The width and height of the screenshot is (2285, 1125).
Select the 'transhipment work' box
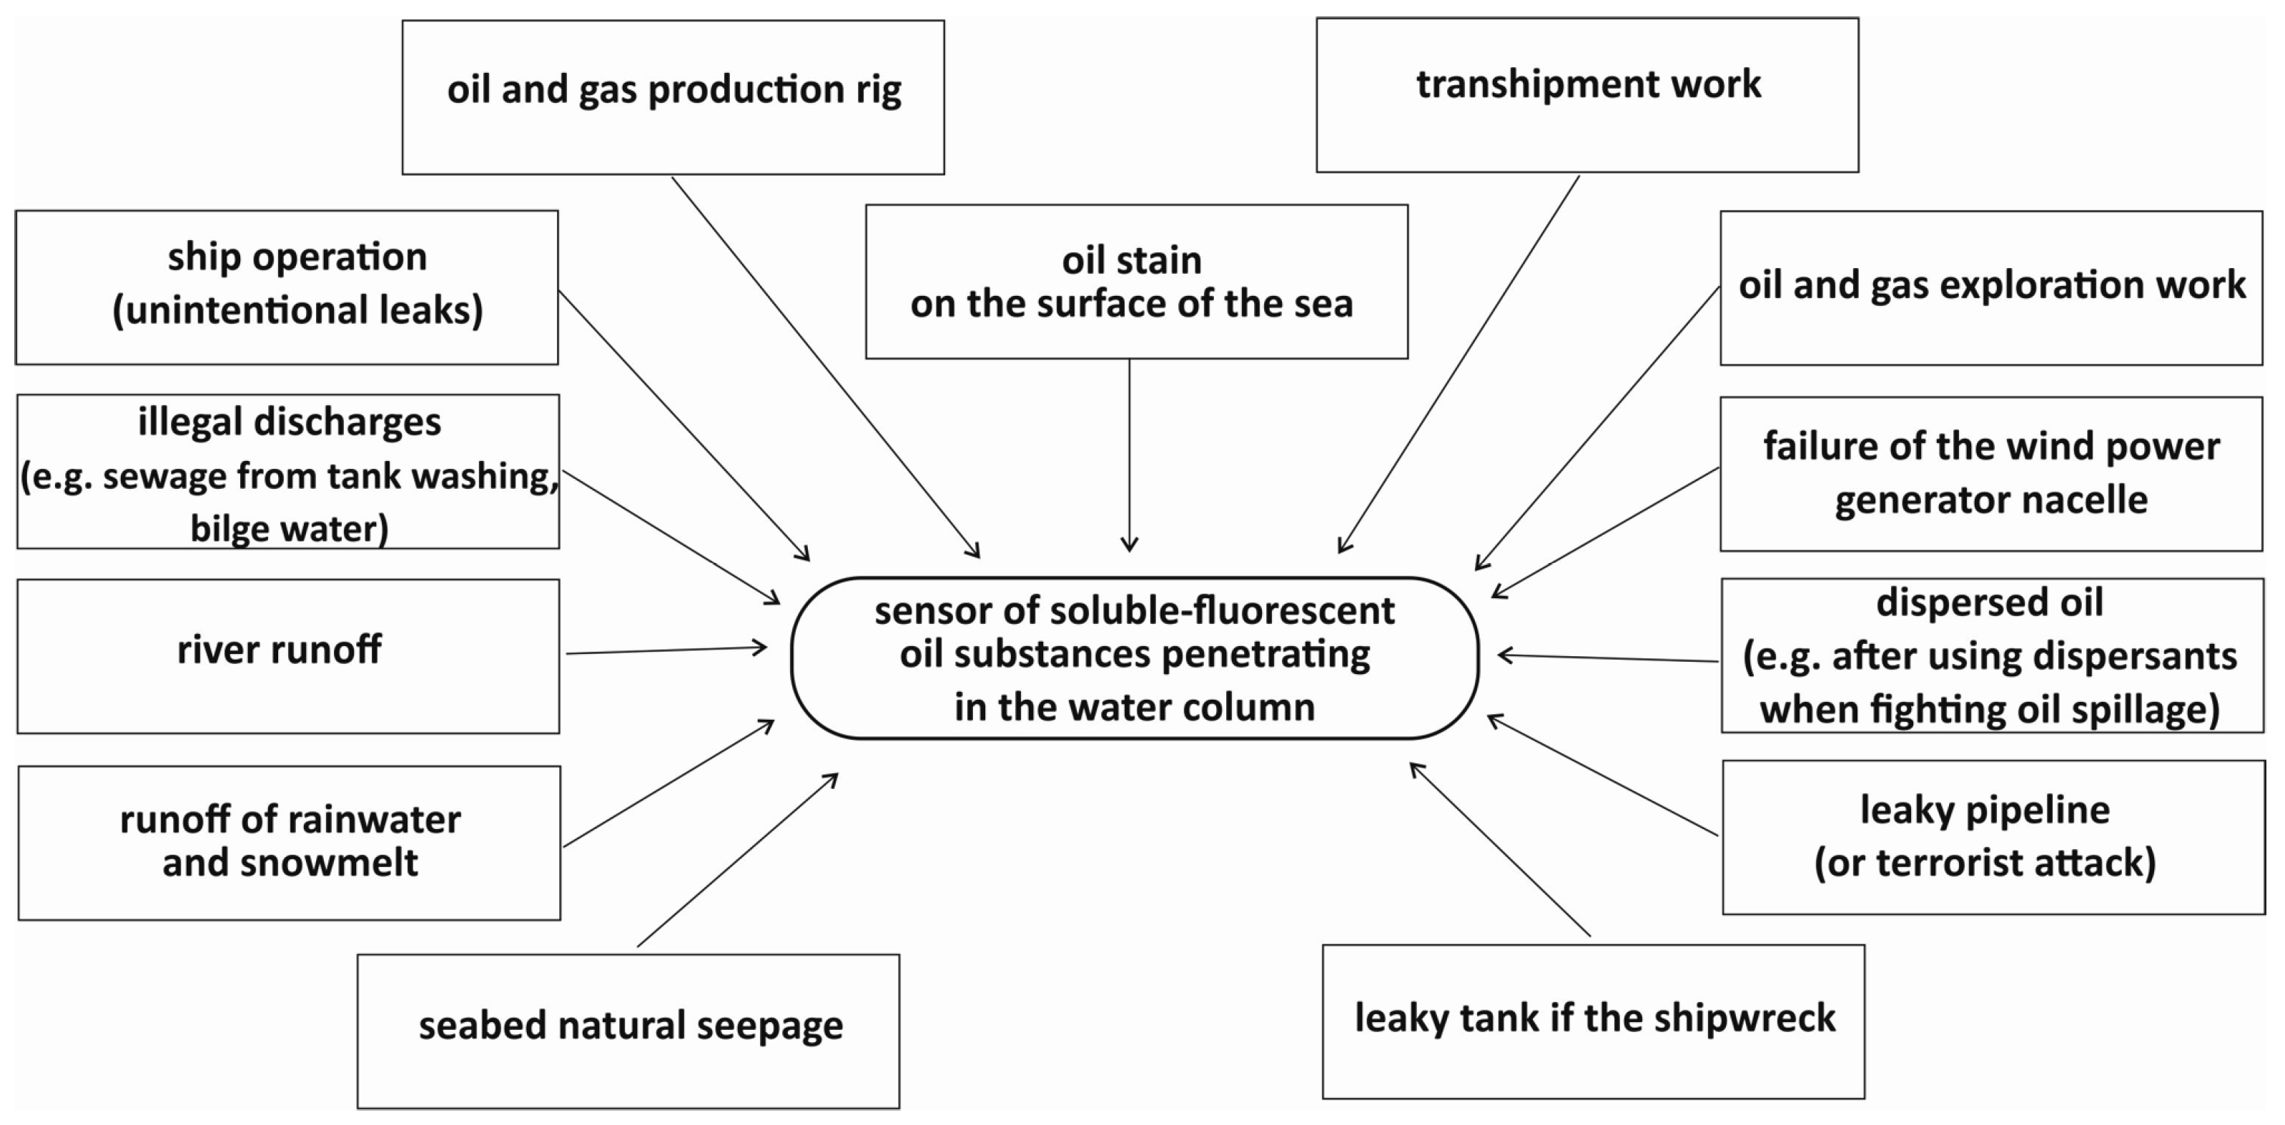[1587, 95]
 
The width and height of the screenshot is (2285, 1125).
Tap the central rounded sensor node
[1134, 658]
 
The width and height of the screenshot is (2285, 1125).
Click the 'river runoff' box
[288, 656]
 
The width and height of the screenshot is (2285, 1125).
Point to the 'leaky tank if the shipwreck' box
[1593, 1021]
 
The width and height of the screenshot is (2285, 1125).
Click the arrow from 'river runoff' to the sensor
[666, 650]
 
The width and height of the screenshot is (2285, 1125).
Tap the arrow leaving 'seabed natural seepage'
[736, 860]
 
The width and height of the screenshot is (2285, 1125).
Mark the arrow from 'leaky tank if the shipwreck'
[1499, 848]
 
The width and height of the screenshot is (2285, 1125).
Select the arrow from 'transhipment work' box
[1459, 364]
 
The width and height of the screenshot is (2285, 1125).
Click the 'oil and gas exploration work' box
[1990, 287]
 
